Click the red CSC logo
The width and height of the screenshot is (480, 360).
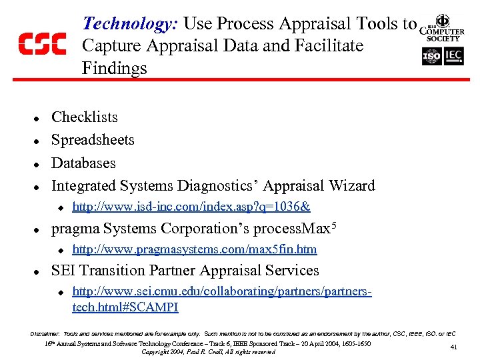(41, 44)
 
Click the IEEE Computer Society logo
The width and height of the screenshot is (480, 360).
(442, 28)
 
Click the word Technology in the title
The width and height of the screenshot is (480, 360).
(127, 23)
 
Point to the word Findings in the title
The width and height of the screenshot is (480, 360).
(114, 68)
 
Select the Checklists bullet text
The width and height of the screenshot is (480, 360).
(85, 117)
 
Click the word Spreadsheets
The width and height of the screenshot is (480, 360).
(93, 140)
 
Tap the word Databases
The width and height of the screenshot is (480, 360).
(83, 163)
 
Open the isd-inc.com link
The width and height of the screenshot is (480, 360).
(191, 207)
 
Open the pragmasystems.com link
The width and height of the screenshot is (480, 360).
(194, 249)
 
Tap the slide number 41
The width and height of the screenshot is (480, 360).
(454, 347)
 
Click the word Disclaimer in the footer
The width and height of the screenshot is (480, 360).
(45, 332)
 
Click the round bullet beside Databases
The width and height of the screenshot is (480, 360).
(38, 164)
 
